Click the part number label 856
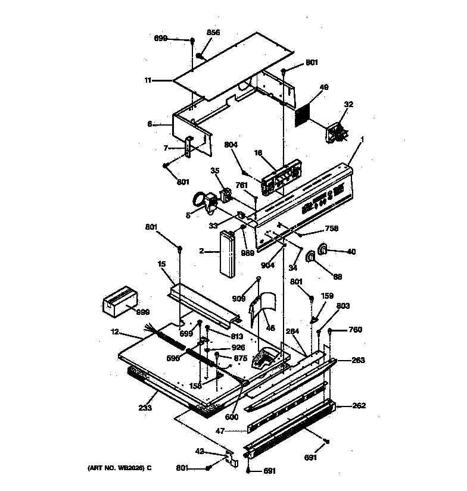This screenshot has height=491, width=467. (213, 33)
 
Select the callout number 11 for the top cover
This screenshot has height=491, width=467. (147, 79)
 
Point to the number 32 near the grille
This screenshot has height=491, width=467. (348, 105)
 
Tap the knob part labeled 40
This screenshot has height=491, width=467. (323, 251)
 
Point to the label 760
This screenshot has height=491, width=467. (355, 330)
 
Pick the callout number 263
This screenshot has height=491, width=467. (358, 360)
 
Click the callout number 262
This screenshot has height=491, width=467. (359, 406)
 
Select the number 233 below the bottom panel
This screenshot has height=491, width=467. (145, 408)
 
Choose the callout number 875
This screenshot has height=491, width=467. (240, 358)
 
